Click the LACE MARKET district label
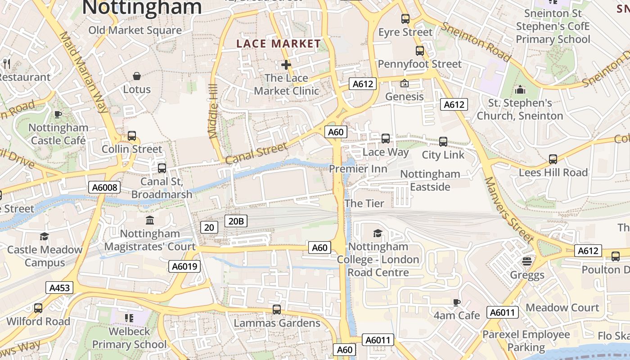[279, 44]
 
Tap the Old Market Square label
[135, 30]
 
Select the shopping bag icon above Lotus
[137, 76]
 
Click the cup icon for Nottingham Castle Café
[58, 114]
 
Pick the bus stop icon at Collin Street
[132, 135]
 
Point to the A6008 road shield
[104, 187]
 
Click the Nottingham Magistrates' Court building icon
[150, 220]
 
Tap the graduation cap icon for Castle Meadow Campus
[44, 236]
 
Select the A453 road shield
[59, 288]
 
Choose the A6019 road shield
[184, 266]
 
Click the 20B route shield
[236, 221]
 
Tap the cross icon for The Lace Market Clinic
[286, 65]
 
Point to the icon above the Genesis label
[404, 83]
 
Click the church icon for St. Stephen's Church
[520, 90]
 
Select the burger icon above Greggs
[527, 261]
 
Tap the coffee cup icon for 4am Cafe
[457, 302]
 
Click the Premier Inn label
[358, 169]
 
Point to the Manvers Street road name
[508, 208]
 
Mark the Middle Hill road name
[213, 111]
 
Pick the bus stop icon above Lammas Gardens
[277, 310]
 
